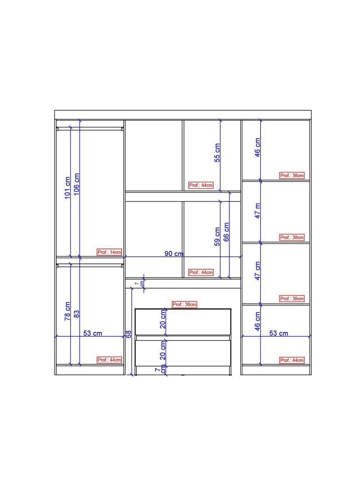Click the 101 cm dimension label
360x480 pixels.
(x=67, y=187)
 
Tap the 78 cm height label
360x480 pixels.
(x=67, y=311)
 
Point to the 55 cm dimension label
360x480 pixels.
(x=217, y=153)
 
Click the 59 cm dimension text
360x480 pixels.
(x=217, y=236)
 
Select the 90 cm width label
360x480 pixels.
(x=174, y=254)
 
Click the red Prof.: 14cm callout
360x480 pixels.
(x=110, y=252)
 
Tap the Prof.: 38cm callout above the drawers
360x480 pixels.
(x=184, y=304)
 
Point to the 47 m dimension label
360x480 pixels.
(x=258, y=211)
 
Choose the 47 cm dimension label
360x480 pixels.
(x=258, y=271)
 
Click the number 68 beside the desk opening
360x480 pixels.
(x=128, y=334)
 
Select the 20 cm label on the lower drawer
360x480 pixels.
(x=163, y=349)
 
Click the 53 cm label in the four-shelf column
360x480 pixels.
(x=279, y=333)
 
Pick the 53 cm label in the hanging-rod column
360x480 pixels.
(x=93, y=333)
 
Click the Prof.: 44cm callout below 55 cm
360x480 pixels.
(x=201, y=185)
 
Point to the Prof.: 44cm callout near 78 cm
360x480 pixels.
(x=110, y=360)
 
